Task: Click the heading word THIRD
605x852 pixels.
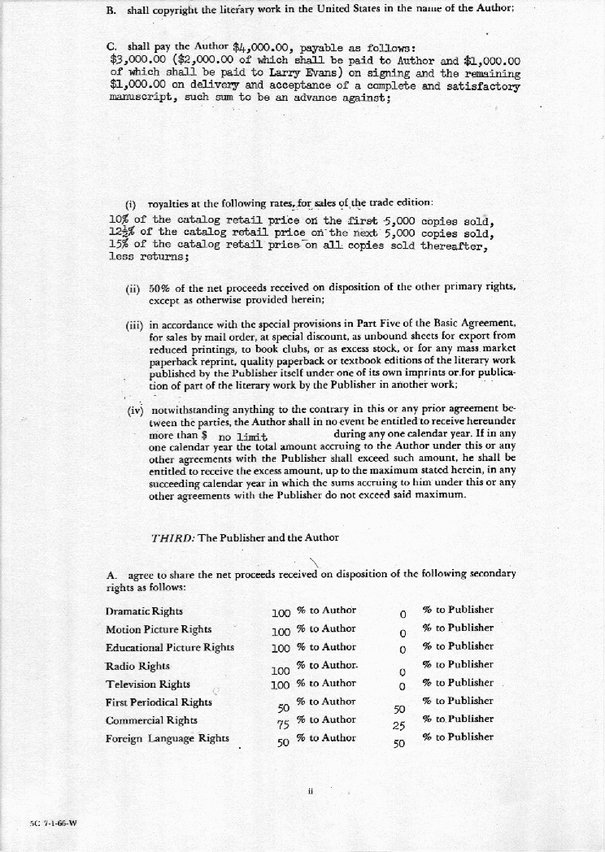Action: point(171,537)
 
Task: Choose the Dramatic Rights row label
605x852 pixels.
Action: point(144,611)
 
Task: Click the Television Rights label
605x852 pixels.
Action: point(148,684)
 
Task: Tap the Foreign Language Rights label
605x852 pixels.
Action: point(168,739)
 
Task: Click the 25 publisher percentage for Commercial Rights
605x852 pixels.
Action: point(399,726)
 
